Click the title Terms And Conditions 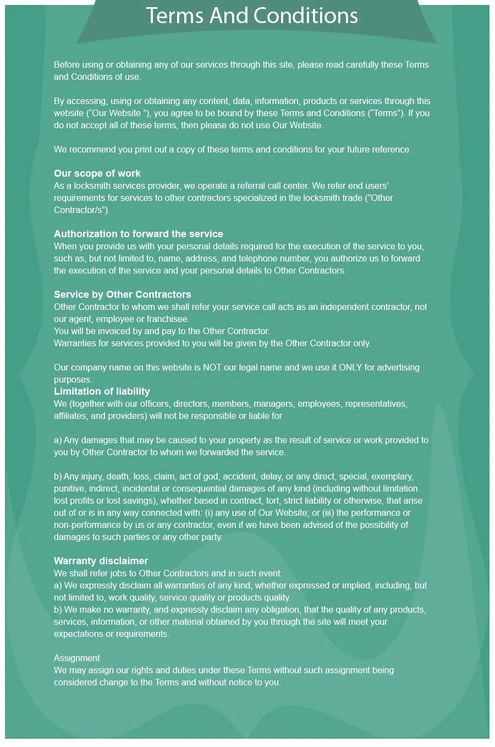[x=252, y=16]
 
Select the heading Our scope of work [x=97, y=173]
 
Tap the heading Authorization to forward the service [x=139, y=234]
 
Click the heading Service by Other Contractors [x=123, y=295]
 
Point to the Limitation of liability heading [x=102, y=391]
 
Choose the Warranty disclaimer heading [x=101, y=561]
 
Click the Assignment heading [x=77, y=658]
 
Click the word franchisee [x=168, y=319]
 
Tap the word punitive [x=69, y=488]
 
